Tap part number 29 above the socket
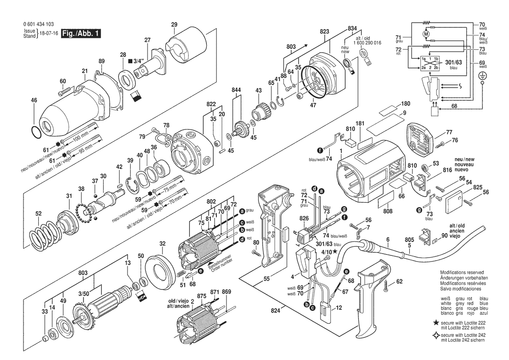[174, 25]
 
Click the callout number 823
[324, 32]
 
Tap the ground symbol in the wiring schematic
[482, 75]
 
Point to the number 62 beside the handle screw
[400, 282]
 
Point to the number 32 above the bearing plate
[162, 244]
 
